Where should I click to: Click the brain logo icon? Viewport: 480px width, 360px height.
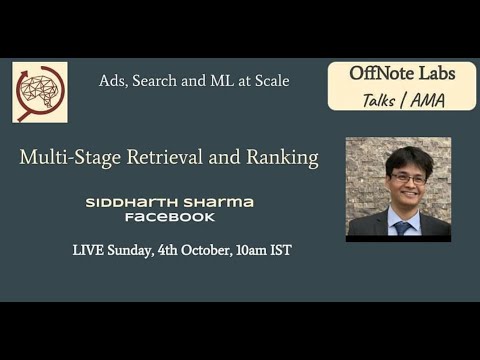point(40,92)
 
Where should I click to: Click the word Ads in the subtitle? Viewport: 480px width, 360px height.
point(113,81)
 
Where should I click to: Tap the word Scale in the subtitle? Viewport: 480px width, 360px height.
point(270,81)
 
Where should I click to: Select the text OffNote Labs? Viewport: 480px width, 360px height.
point(401,73)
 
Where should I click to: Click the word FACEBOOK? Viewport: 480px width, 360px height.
point(170,217)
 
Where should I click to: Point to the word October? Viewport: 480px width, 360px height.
point(207,250)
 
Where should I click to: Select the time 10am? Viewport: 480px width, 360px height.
point(252,250)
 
